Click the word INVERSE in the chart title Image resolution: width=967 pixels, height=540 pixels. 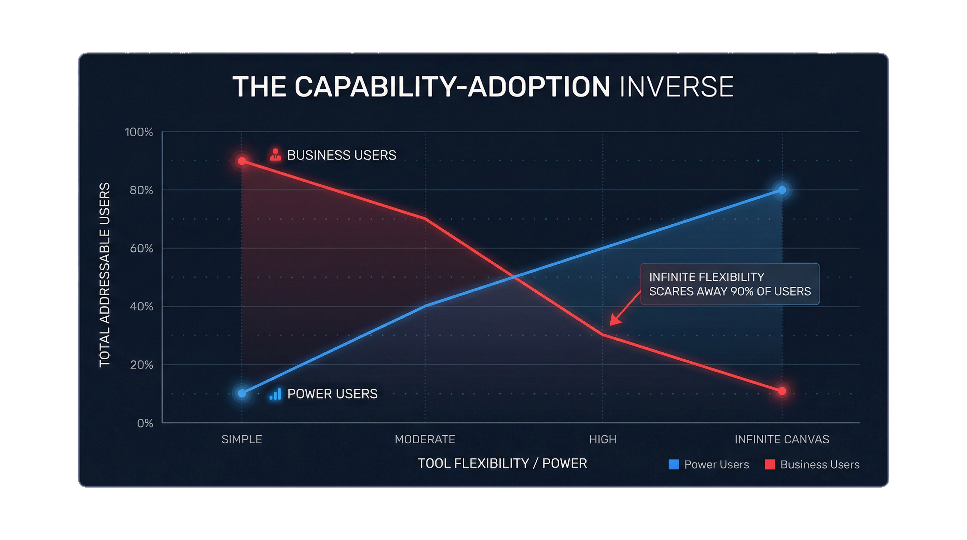coord(676,87)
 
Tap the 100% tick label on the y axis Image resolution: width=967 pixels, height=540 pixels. coord(138,132)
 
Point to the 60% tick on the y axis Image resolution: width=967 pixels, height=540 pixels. coord(141,249)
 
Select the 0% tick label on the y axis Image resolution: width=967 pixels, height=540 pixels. coord(145,424)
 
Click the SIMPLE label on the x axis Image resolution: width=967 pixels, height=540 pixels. coord(242,439)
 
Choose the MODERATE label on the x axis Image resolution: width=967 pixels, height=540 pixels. coord(425,439)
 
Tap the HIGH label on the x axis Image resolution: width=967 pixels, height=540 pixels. coord(603,439)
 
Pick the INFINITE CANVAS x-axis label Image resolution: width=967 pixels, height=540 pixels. coord(781,439)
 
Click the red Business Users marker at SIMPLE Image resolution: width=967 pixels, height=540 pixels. coord(242,161)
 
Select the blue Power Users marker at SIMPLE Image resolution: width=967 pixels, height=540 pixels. coord(242,393)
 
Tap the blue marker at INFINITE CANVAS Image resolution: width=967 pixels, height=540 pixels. coord(782,191)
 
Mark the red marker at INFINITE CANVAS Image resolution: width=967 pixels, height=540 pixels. coord(782,391)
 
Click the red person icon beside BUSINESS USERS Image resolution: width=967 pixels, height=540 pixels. coord(275,155)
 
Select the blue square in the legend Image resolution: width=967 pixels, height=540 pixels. coord(674,464)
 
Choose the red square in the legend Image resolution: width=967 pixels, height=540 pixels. coord(770,464)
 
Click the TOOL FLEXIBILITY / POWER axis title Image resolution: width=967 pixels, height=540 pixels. coord(502,463)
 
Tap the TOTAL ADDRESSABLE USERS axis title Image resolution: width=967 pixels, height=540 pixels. coord(105,275)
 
